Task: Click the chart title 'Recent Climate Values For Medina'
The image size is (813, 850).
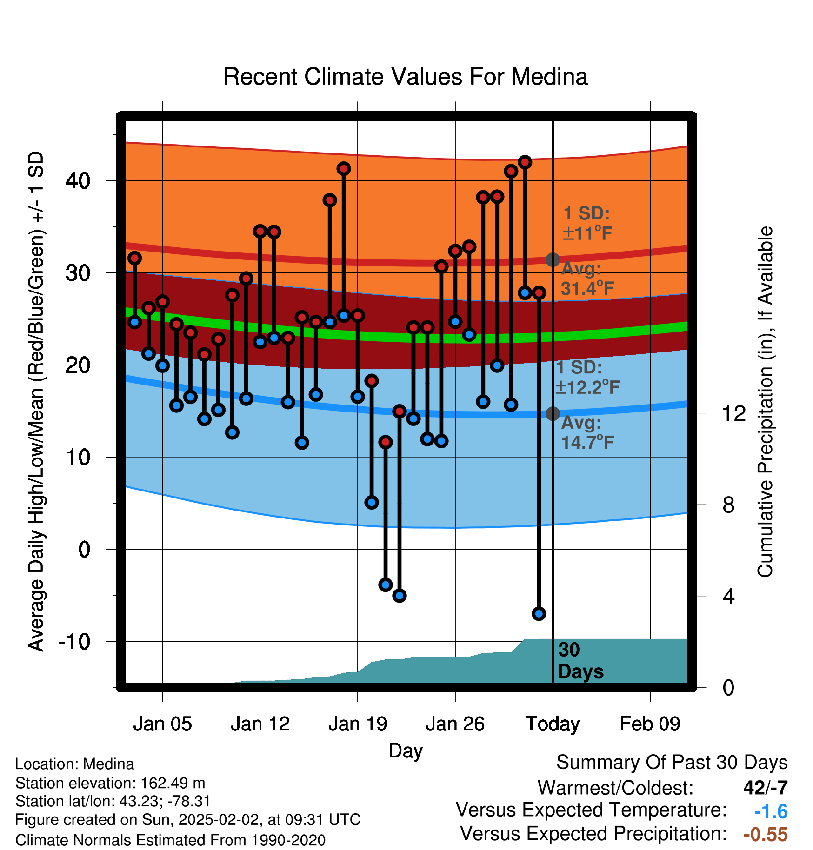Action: click(406, 77)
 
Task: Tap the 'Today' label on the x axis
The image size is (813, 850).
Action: click(553, 724)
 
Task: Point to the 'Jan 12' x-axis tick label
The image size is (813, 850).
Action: click(260, 724)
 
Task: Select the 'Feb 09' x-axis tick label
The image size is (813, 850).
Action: click(650, 724)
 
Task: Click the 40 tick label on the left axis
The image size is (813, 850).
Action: click(78, 180)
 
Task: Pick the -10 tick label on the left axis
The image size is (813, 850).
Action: click(74, 642)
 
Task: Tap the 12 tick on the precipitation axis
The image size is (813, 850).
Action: click(733, 413)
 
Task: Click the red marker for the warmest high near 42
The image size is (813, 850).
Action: click(525, 162)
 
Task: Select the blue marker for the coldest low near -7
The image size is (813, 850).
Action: click(539, 614)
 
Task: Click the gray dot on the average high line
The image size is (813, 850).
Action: click(553, 259)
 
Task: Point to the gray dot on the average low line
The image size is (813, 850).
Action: click(553, 413)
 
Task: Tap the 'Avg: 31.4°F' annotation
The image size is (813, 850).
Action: click(587, 279)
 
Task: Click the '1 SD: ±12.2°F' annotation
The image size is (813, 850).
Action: click(587, 377)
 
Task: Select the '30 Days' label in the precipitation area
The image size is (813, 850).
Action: click(580, 661)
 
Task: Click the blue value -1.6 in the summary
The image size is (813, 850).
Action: click(771, 812)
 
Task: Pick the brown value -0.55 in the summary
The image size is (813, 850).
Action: click(766, 834)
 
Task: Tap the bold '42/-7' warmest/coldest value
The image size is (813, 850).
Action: click(766, 788)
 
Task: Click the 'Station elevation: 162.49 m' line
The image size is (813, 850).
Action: click(110, 783)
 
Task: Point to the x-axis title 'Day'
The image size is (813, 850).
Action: click(406, 751)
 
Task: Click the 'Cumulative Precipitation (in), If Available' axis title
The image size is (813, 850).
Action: click(765, 402)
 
